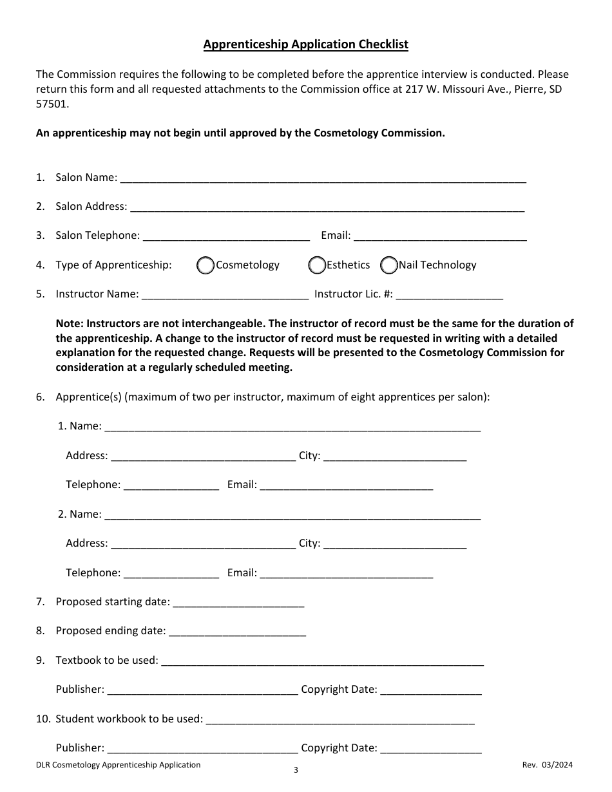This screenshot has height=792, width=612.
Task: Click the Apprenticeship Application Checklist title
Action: pyautogui.click(x=305, y=44)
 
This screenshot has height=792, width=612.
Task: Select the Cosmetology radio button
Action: pyautogui.click(x=206, y=265)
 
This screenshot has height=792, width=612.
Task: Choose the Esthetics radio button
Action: pyautogui.click(x=317, y=265)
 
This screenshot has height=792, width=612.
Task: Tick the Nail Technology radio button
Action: pyautogui.click(x=388, y=265)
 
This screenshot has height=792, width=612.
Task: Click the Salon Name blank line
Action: pyautogui.click(x=323, y=178)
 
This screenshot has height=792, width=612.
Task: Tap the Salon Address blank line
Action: pyautogui.click(x=327, y=207)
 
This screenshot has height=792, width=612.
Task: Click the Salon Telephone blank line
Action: pyautogui.click(x=225, y=236)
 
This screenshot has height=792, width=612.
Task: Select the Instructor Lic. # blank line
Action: pyautogui.click(x=449, y=295)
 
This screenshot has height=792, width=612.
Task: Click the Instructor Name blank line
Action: pyautogui.click(x=224, y=295)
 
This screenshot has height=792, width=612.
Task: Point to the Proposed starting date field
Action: pyautogui.click(x=238, y=603)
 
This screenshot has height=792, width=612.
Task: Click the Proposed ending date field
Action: pyautogui.click(x=236, y=632)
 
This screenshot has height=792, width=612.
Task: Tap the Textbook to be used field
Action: pyautogui.click(x=321, y=661)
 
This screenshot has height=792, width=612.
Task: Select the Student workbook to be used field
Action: pyautogui.click(x=340, y=719)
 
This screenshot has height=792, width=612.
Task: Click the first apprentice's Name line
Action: pyautogui.click(x=292, y=427)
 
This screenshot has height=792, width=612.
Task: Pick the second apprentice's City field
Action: pyautogui.click(x=394, y=544)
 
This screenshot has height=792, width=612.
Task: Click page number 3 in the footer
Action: pyautogui.click(x=296, y=770)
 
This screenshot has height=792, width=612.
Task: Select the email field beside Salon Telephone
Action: pyautogui.click(x=440, y=236)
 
